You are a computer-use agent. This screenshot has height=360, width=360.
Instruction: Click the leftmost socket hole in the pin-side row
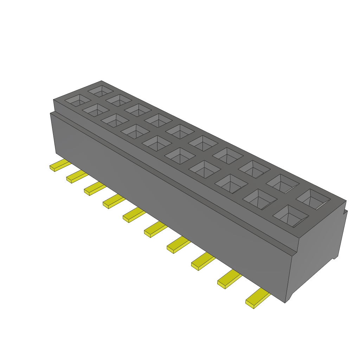[77, 100]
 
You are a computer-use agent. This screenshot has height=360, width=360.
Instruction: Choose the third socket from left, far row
[138, 109]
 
